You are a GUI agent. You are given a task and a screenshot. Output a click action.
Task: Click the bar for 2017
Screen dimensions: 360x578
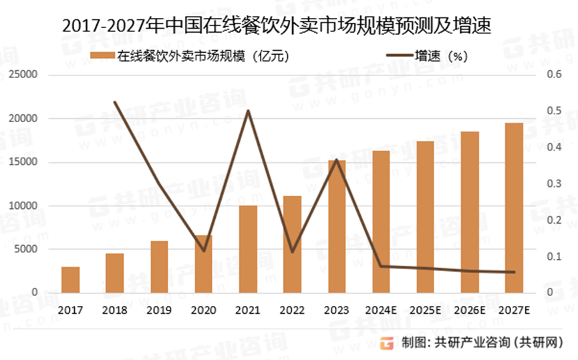pos(70,280)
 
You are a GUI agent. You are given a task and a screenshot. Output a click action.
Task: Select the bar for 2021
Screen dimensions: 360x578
pos(248,249)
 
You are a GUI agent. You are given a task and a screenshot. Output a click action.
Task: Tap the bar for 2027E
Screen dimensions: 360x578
pos(514,208)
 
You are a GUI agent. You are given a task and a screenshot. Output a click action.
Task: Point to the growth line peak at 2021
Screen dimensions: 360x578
pos(248,111)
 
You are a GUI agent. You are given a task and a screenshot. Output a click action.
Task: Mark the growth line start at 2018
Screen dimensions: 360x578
pos(115,102)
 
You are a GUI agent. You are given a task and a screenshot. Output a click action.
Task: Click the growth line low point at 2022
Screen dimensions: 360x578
pos(292,252)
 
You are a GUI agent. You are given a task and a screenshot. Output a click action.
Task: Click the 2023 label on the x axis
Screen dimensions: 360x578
pos(336,310)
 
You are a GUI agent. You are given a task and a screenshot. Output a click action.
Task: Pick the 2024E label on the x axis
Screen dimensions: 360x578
pos(380,310)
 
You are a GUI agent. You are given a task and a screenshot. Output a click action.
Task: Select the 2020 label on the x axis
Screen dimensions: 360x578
pos(203,310)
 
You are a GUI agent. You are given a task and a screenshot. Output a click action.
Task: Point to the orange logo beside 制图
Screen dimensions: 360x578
pos(387,343)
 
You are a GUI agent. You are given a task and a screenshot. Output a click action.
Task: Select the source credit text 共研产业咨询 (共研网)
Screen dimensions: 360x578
pos(500,343)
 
